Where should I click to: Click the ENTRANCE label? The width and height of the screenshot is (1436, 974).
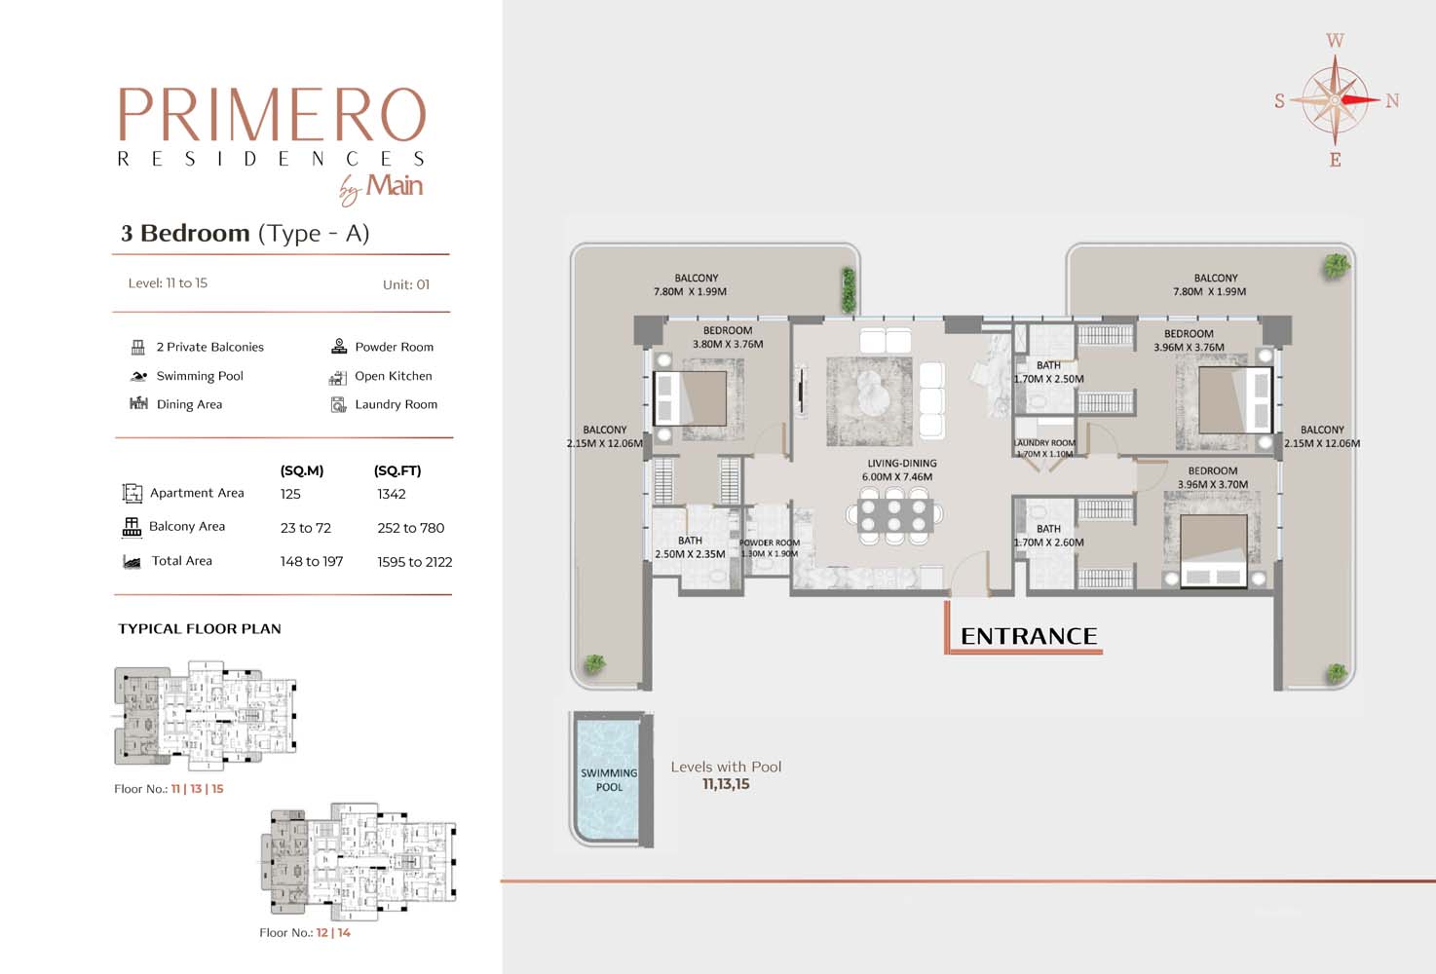click(1028, 636)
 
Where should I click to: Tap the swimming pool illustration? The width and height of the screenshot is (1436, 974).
click(609, 779)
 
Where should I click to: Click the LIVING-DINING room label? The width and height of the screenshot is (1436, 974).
click(901, 470)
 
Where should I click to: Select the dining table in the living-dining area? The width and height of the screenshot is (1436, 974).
click(893, 516)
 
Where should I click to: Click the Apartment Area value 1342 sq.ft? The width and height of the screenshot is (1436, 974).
click(392, 494)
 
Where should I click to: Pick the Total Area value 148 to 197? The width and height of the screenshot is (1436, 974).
click(312, 561)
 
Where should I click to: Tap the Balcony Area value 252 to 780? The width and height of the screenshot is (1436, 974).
click(410, 528)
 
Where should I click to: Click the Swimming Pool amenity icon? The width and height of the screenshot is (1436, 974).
click(138, 376)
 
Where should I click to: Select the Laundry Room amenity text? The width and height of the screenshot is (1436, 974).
click(396, 404)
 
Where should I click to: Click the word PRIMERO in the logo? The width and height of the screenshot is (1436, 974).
click(272, 115)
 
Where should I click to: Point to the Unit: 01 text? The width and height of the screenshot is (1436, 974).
click(405, 284)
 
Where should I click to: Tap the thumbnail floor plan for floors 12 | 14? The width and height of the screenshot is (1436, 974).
click(359, 858)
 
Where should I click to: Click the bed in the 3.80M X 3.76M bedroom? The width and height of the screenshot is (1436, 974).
click(691, 398)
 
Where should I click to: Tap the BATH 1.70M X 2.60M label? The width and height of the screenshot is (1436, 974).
click(1048, 536)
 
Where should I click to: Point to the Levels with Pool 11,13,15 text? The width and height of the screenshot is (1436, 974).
click(726, 775)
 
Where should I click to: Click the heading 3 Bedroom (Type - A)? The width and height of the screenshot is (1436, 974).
click(245, 233)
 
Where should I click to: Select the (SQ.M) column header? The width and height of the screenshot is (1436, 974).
click(302, 470)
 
